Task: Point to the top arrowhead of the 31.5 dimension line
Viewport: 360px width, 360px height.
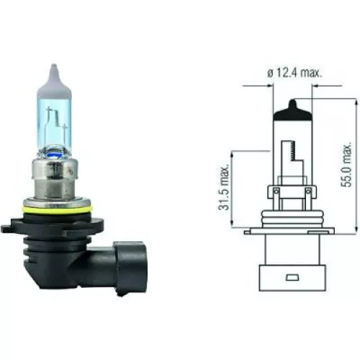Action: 232,153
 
